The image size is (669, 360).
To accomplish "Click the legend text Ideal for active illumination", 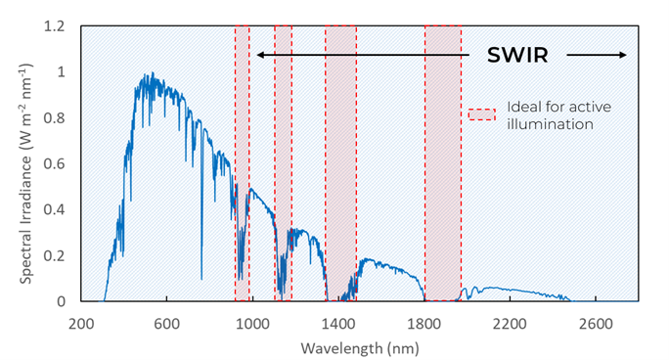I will (550, 115).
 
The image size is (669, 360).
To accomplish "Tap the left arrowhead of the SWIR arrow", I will (260, 55).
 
